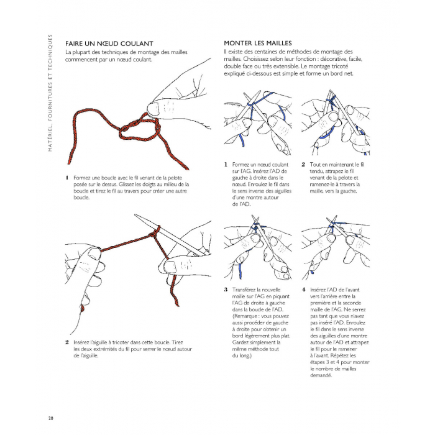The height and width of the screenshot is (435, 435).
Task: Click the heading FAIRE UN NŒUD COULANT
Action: pyautogui.click(x=109, y=43)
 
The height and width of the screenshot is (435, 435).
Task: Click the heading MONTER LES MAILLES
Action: pyautogui.click(x=258, y=43)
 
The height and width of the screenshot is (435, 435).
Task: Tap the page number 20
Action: pyautogui.click(x=50, y=418)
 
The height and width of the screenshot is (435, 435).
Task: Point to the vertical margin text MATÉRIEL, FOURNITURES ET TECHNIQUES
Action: pyautogui.click(x=50, y=93)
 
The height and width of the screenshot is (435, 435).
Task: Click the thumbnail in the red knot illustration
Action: pyautogui.click(x=153, y=109)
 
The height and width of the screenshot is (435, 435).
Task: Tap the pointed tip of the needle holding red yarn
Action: pyautogui.click(x=135, y=215)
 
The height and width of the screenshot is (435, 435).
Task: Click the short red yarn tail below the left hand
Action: pyautogui.click(x=82, y=309)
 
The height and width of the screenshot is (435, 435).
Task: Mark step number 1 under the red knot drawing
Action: pyautogui.click(x=67, y=178)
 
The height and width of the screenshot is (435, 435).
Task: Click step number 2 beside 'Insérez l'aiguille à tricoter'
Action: pyautogui.click(x=67, y=342)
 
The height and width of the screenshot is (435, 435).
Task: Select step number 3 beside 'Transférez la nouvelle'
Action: pyautogui.click(x=226, y=290)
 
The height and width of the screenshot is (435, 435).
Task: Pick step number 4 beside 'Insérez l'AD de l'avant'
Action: pyautogui.click(x=303, y=290)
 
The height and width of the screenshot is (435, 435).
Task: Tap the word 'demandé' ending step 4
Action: pyautogui.click(x=321, y=375)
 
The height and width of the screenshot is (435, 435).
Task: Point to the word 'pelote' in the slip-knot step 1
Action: pyautogui.click(x=175, y=178)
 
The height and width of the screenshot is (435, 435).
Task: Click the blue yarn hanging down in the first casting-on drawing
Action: pyautogui.click(x=241, y=140)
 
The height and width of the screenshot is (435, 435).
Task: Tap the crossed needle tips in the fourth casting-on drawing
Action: pyautogui.click(x=332, y=222)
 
